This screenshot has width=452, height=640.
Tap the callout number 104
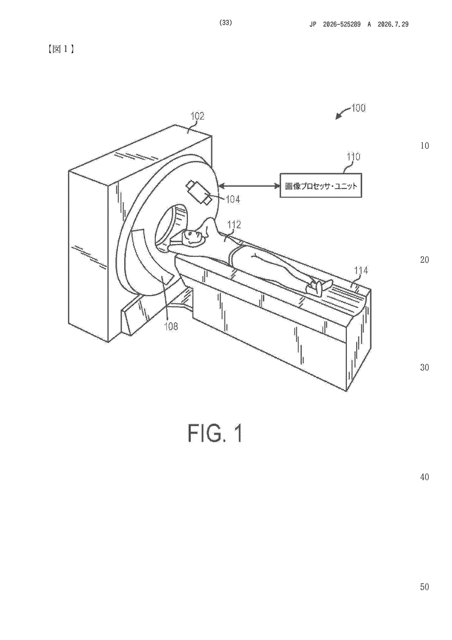coord(233,199)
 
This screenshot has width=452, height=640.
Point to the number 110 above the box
coord(353,157)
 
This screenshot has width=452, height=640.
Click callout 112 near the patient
coord(234,224)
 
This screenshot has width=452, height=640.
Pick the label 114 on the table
coord(361,270)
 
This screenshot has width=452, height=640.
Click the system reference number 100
coord(359,108)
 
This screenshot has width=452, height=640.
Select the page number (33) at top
coord(226,23)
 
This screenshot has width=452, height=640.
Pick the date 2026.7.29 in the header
coord(393,24)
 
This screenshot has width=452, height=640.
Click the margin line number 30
coord(424,367)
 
